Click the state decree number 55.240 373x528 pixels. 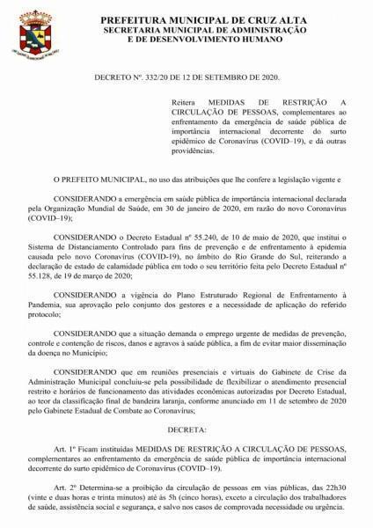194,238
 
